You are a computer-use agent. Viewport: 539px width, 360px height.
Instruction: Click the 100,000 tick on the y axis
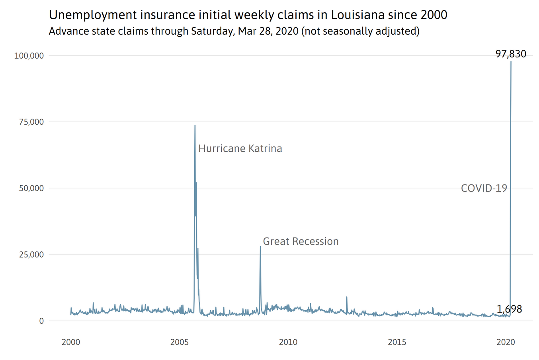tap(29, 56)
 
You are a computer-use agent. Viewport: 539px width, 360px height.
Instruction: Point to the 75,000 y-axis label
tap(31, 122)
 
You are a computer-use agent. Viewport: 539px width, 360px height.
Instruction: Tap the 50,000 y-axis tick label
tap(31, 188)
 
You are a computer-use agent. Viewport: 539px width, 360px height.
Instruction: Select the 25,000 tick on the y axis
tap(31, 254)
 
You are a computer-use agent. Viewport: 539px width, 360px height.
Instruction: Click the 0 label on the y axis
tap(41, 321)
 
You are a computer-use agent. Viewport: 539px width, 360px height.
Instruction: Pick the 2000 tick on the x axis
tap(71, 342)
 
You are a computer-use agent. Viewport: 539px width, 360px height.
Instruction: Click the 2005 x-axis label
tap(180, 342)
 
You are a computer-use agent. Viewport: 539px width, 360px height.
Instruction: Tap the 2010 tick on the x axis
tap(288, 342)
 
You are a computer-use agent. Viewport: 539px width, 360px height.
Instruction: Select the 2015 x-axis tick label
tap(397, 342)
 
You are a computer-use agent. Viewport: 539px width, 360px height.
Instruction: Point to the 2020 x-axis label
tap(506, 342)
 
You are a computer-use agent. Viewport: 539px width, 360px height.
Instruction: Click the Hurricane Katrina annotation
tap(240, 149)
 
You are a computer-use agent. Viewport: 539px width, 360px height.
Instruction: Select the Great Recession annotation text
tap(301, 241)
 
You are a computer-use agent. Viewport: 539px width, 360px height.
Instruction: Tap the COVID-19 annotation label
tap(484, 188)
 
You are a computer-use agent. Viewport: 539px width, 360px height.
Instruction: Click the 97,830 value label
tap(511, 54)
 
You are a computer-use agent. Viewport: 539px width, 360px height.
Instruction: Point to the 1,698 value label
tap(509, 309)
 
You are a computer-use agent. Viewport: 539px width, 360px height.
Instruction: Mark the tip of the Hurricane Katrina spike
tap(195, 125)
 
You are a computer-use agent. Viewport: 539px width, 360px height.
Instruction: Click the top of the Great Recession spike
tap(260, 246)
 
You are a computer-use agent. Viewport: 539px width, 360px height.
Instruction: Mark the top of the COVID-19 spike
tap(511, 62)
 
